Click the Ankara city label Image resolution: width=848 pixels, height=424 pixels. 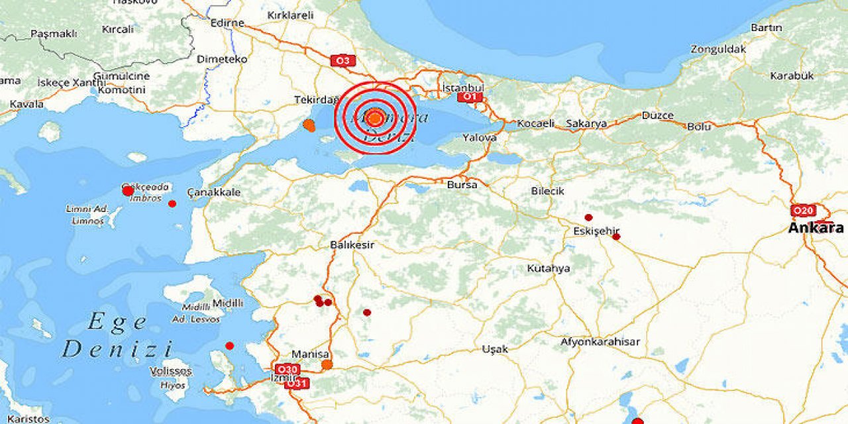point(816,228)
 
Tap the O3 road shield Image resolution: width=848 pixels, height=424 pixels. point(342,61)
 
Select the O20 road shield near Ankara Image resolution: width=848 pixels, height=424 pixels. point(803,211)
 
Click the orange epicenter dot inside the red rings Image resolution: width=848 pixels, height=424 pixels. point(375,119)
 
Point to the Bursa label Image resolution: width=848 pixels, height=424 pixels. point(462,185)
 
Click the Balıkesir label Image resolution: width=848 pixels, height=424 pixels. point(352,244)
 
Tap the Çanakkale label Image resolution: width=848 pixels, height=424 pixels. point(214,192)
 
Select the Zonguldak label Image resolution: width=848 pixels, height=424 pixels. point(718,49)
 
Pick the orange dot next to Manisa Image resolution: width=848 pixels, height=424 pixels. point(327,364)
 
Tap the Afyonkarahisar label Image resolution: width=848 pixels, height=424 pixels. point(600,342)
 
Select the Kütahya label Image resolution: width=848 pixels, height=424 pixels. point(549,268)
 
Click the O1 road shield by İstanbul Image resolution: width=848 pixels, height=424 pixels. point(468,97)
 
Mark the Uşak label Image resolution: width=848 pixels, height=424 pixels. point(495,348)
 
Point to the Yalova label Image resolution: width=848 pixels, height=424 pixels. point(480,138)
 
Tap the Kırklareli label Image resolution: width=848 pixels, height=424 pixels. point(290,15)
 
